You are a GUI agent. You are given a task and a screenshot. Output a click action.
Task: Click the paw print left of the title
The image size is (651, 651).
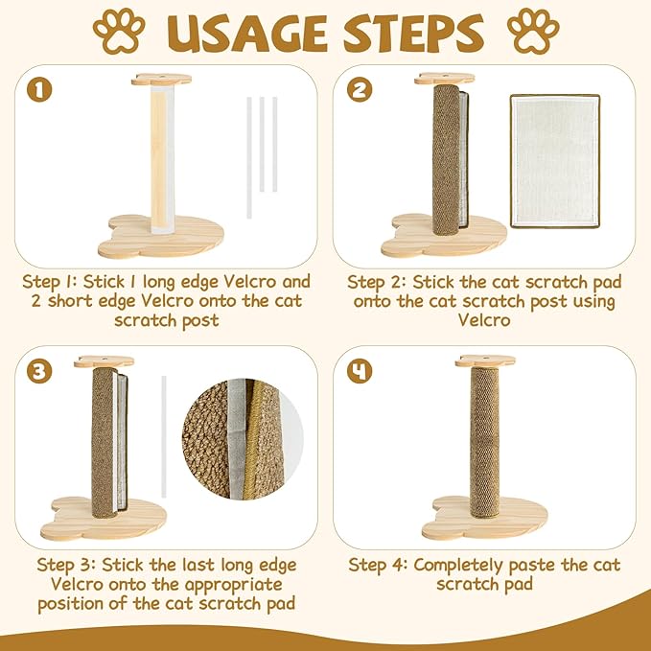(x=118, y=31)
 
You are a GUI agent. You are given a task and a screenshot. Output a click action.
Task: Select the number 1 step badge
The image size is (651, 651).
(x=40, y=91)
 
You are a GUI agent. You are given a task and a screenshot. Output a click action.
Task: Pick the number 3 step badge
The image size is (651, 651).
(x=40, y=372)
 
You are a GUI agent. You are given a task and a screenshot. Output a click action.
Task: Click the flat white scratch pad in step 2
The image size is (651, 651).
(x=554, y=161)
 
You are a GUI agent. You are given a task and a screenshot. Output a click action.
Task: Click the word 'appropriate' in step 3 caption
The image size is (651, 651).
(x=232, y=584)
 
